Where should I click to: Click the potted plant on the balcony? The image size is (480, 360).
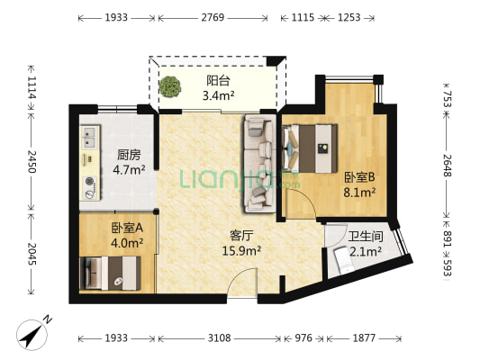point(169,87)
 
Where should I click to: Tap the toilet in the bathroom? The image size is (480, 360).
point(344,261)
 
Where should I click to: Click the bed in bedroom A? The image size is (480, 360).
point(110,273)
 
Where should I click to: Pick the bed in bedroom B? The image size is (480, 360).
point(310,148)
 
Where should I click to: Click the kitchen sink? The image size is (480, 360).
point(90,137)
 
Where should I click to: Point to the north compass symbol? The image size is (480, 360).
point(33,334)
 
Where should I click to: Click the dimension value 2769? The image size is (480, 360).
point(213,17)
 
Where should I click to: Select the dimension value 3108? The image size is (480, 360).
point(219,338)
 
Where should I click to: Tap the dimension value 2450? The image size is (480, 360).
point(32,162)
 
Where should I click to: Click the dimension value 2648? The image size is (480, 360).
point(448,166)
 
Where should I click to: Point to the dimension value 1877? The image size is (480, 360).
point(364,338)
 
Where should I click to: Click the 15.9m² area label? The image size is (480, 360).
point(241,251)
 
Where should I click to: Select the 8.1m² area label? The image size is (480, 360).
point(359,193)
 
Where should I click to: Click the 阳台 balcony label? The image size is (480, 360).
point(218,81)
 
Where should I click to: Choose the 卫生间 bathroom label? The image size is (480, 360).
point(366,236)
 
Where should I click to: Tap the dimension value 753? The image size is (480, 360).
point(448,99)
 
